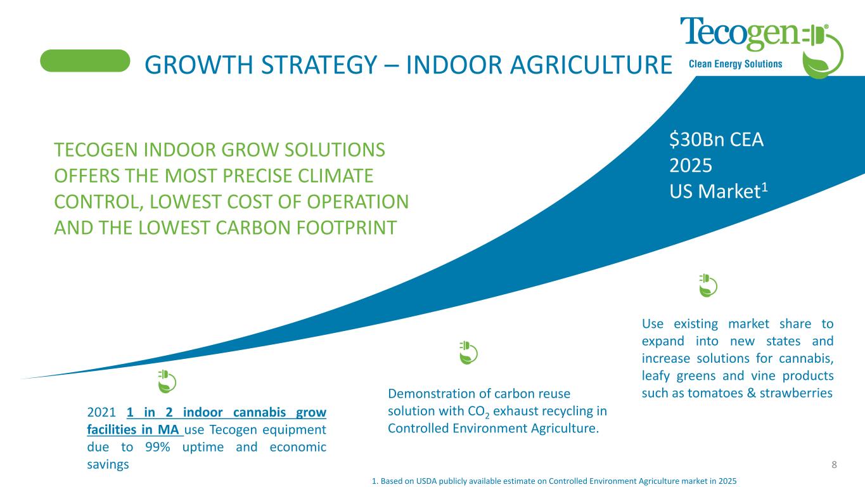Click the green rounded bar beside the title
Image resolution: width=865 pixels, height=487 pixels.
[x=85, y=61]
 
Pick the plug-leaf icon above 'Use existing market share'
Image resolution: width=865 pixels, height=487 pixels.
[x=707, y=285]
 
